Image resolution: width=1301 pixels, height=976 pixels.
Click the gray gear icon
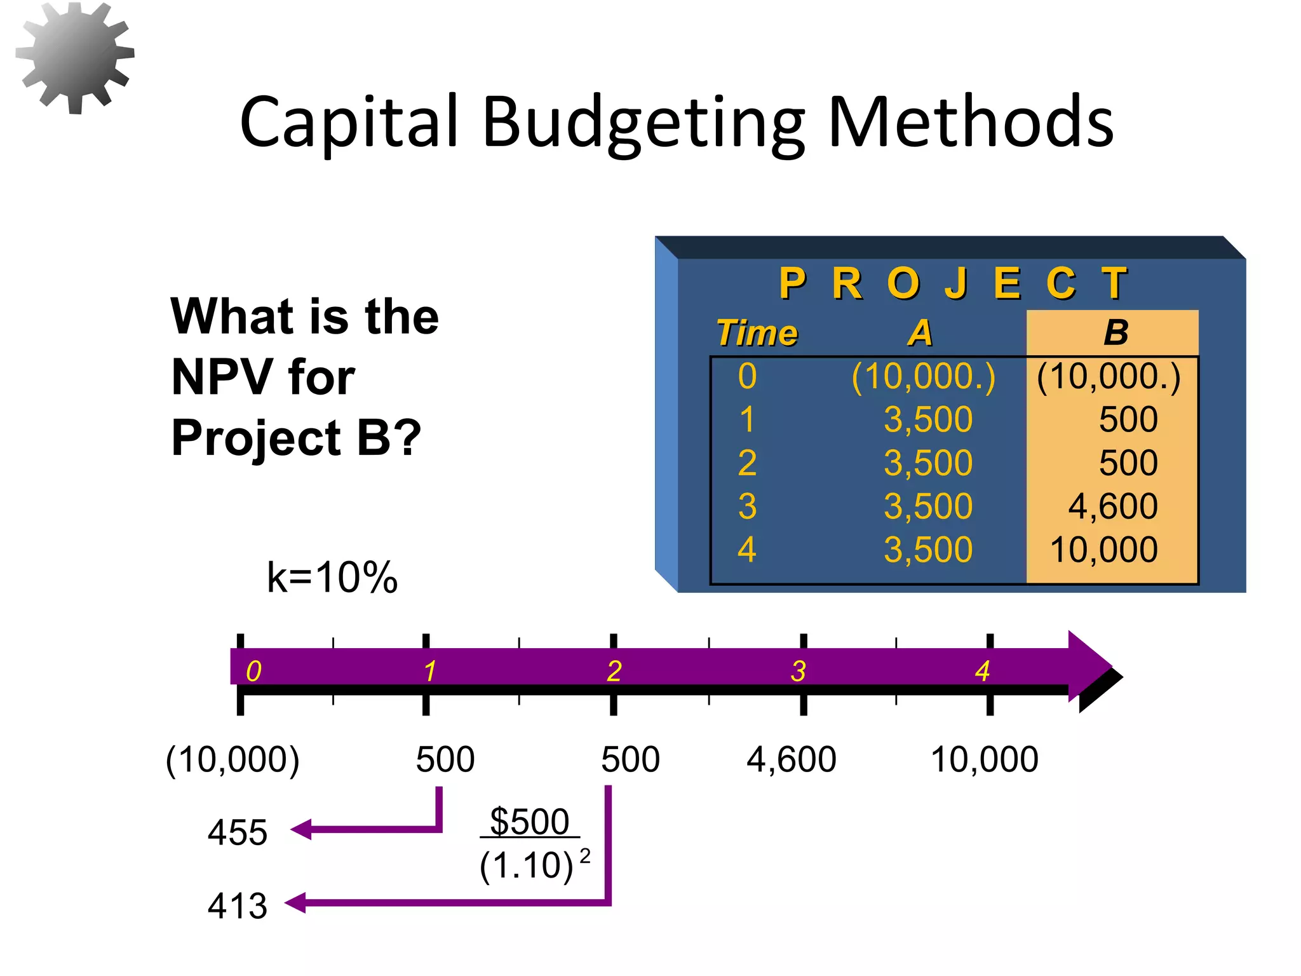(75, 57)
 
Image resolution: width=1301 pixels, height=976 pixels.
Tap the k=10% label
(332, 578)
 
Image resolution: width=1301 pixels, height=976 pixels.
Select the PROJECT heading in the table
(953, 283)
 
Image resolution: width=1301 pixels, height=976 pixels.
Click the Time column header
(757, 333)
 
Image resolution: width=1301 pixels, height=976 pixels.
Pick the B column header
(1116, 332)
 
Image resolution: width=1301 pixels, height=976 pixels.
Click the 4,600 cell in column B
(1112, 506)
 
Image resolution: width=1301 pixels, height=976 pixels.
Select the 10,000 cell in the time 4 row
(1104, 550)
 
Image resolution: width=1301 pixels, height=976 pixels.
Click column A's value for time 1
(927, 419)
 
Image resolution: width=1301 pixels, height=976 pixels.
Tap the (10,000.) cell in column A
(923, 376)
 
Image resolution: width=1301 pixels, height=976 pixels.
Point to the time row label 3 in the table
(747, 506)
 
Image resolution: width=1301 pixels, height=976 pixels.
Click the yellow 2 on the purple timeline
(614, 671)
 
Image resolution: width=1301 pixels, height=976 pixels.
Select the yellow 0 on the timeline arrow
(253, 671)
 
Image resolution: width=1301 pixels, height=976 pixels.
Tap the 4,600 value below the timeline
(791, 759)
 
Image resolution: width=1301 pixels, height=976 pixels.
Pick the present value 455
(237, 832)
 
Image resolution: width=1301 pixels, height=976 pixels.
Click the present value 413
(237, 905)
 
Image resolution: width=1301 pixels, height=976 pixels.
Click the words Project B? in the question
(296, 438)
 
